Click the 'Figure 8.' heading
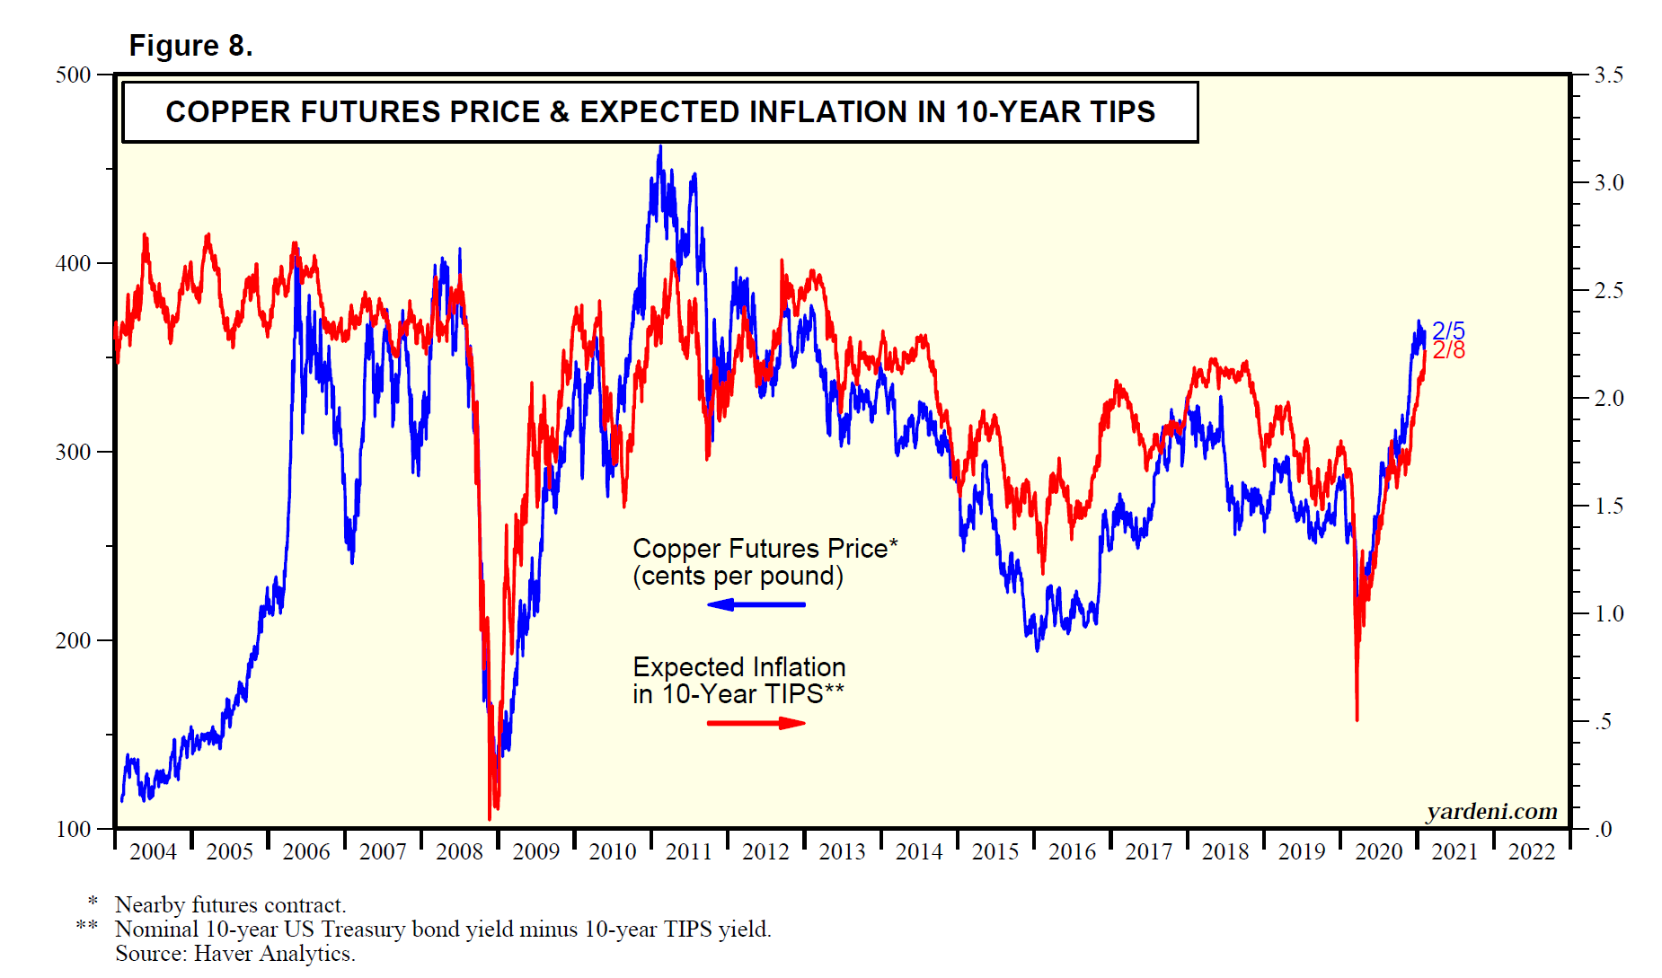point(190,46)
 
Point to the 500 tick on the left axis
point(74,75)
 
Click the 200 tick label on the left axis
point(74,641)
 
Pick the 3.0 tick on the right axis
point(1608,183)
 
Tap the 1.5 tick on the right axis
point(1608,507)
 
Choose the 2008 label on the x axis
point(459,852)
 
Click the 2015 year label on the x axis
point(995,852)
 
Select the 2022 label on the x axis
point(1531,852)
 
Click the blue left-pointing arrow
point(756,604)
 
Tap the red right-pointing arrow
point(756,723)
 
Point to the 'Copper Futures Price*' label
point(765,549)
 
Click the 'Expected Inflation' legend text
point(738,667)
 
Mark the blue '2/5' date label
point(1448,330)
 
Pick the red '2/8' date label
point(1448,351)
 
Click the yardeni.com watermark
point(1491,812)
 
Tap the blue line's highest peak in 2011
point(660,147)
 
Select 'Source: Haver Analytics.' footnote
point(234,954)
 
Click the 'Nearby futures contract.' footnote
point(230,905)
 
